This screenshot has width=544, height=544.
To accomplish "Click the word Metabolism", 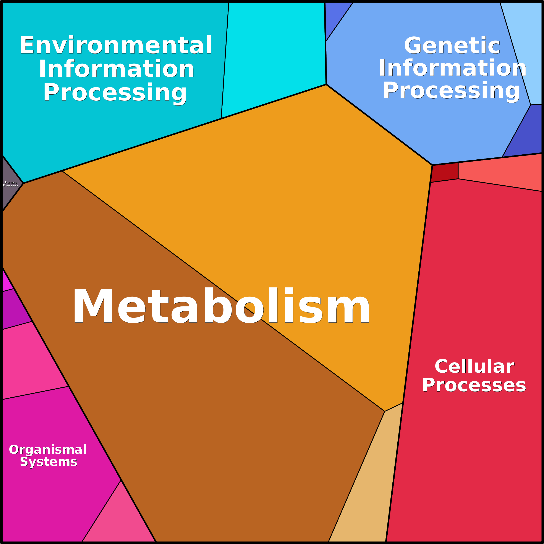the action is pyautogui.click(x=221, y=306).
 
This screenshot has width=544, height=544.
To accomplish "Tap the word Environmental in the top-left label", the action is pyautogui.click(x=116, y=45).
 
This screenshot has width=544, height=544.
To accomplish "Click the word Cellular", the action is pyautogui.click(x=474, y=366).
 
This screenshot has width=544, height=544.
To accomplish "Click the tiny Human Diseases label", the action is pyautogui.click(x=11, y=184).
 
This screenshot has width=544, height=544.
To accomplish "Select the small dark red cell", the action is pyautogui.click(x=445, y=172).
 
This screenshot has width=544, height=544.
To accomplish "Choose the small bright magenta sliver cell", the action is pyautogui.click(x=7, y=280).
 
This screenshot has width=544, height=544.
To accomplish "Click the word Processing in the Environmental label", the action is pyautogui.click(x=115, y=92).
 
